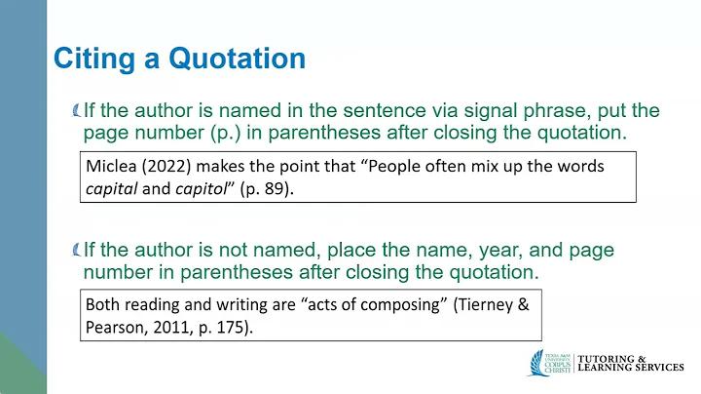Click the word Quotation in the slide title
pyautogui.click(x=237, y=59)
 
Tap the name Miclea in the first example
pyautogui.click(x=111, y=166)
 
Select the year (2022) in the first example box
pyautogui.click(x=166, y=167)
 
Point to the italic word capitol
pyautogui.click(x=202, y=189)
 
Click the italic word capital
pyautogui.click(x=111, y=189)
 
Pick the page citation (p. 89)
pyautogui.click(x=267, y=189)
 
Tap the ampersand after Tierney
pyautogui.click(x=524, y=304)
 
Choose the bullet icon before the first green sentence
pyautogui.click(x=77, y=110)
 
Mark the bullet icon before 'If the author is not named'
pyautogui.click(x=77, y=250)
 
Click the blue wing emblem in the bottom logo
pyautogui.click(x=536, y=363)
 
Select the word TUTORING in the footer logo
pyautogui.click(x=607, y=359)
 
